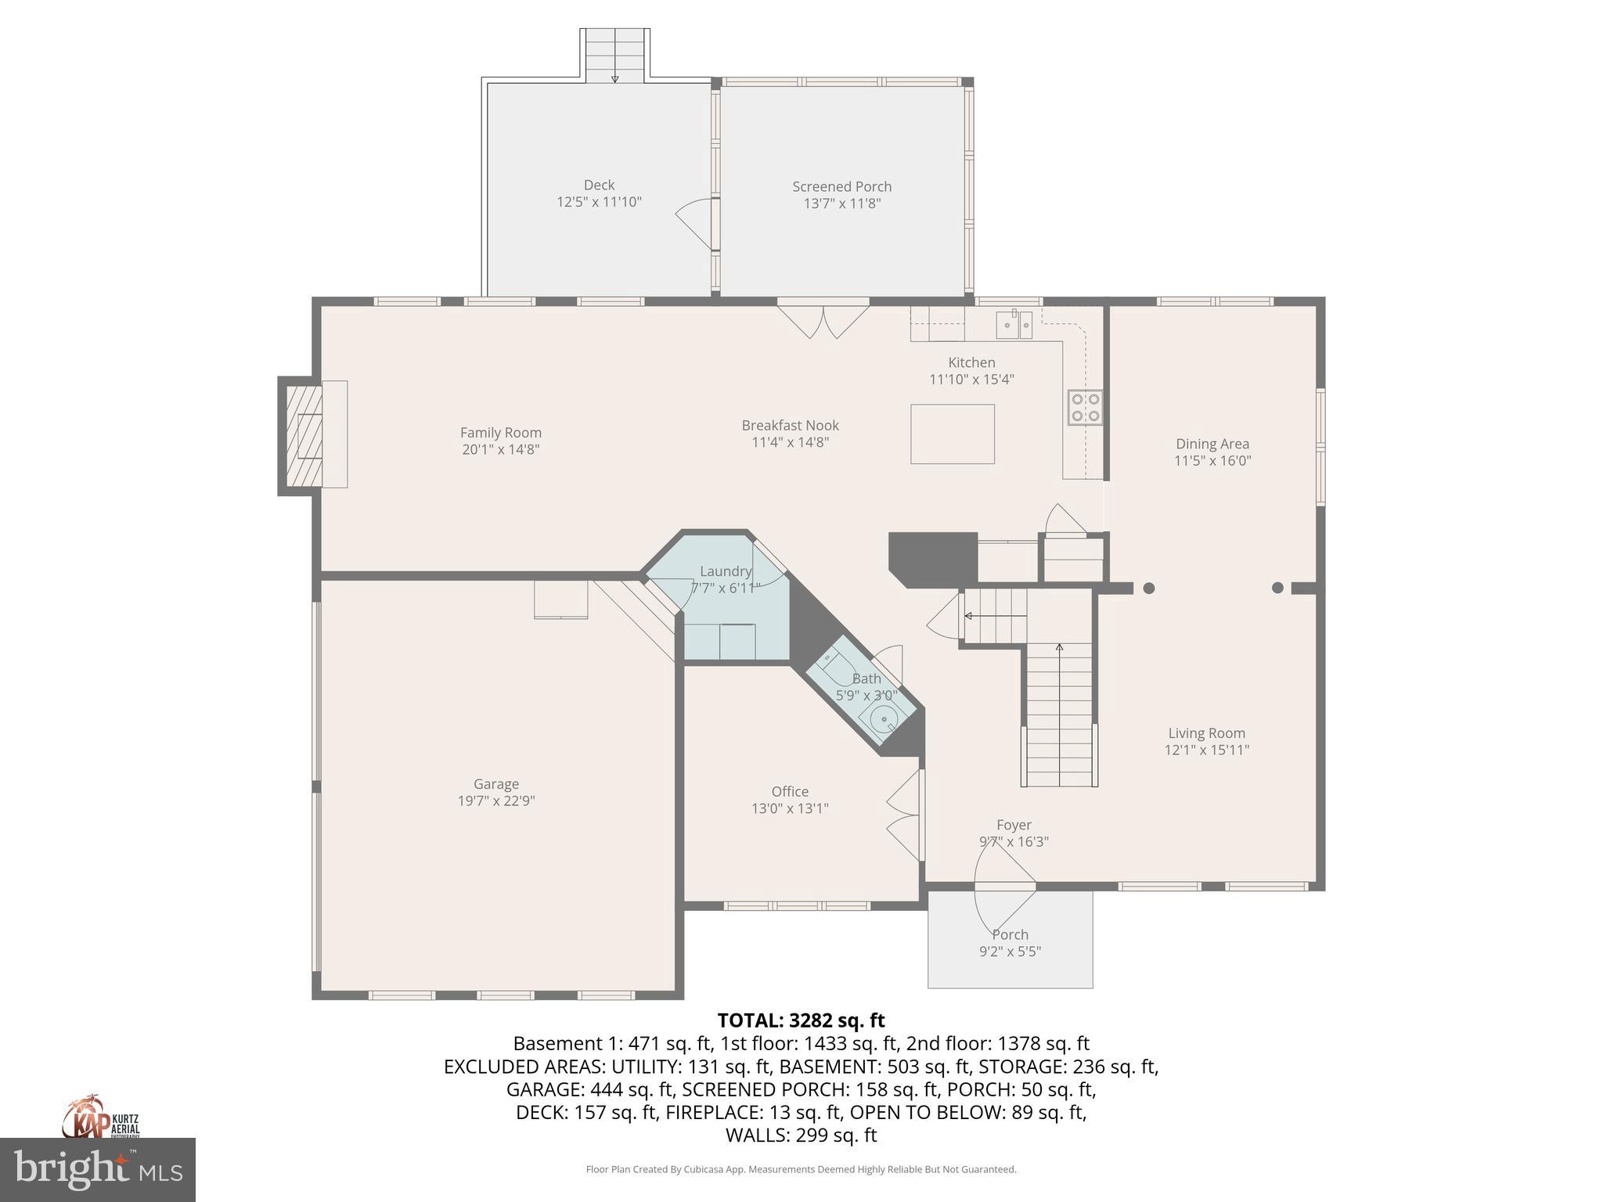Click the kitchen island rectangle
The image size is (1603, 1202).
tap(953, 434)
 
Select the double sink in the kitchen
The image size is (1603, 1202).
tap(1014, 324)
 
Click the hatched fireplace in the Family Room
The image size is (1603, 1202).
tap(304, 436)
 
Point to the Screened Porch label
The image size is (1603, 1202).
tap(841, 186)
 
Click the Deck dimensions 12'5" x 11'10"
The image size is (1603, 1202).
tap(599, 202)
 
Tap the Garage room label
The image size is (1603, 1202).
tap(495, 784)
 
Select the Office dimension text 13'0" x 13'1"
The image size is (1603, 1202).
tap(790, 808)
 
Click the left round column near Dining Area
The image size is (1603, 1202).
tap(1148, 588)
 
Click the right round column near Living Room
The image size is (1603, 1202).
tap(1277, 588)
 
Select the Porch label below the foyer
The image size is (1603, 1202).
tap(1010, 935)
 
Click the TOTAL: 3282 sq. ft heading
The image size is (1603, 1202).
tap(801, 1020)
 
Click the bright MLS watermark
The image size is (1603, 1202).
tap(98, 1171)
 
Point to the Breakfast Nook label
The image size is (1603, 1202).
tap(790, 426)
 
